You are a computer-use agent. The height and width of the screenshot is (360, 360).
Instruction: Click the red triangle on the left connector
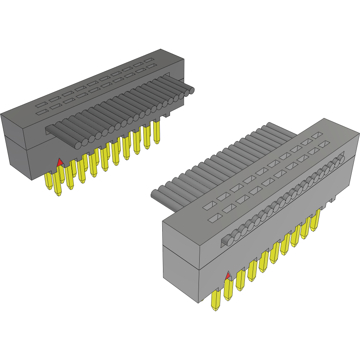[59, 162]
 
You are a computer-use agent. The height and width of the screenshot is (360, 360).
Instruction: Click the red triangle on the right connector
[229, 275]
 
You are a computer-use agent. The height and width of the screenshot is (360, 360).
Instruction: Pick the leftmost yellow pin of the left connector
[49, 181]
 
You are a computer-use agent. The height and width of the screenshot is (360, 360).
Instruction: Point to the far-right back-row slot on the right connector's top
[318, 136]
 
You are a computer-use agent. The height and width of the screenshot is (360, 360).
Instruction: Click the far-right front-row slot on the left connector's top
[151, 66]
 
